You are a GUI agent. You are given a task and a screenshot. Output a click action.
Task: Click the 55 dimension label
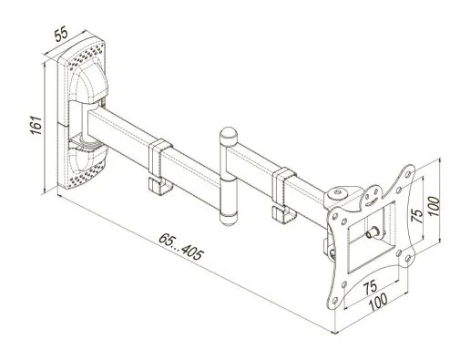pyautogui.click(x=61, y=34)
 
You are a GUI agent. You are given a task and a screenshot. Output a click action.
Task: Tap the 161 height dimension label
pyautogui.click(x=36, y=125)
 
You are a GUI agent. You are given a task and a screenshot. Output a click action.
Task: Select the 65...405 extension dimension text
pyautogui.click(x=181, y=246)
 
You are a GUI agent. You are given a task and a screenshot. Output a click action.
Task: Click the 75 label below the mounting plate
pyautogui.click(x=371, y=287)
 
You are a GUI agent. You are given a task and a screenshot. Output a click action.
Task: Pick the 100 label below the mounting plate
pyautogui.click(x=378, y=302)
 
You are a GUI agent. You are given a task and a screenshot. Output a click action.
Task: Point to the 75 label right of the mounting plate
pyautogui.click(x=417, y=215)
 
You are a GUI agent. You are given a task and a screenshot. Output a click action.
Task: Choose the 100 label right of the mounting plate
pyautogui.click(x=434, y=206)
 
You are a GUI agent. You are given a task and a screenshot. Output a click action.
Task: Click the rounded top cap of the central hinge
pyautogui.click(x=228, y=135)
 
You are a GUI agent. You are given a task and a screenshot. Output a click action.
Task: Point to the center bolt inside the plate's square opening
pyautogui.click(x=373, y=233)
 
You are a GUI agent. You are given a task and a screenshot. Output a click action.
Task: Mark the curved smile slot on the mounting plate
pyautogui.click(x=372, y=201)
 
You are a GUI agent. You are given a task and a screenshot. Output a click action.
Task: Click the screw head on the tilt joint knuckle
pyautogui.click(x=337, y=192)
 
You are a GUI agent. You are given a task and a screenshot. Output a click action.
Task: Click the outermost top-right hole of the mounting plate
pyautogui.click(x=408, y=174)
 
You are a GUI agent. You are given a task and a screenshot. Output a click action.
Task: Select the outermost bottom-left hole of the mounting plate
pyautogui.click(x=334, y=301)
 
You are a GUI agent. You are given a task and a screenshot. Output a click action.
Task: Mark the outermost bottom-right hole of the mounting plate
pyautogui.click(x=408, y=259)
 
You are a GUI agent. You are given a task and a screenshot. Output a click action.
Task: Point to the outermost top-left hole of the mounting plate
pyautogui.click(x=334, y=216)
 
